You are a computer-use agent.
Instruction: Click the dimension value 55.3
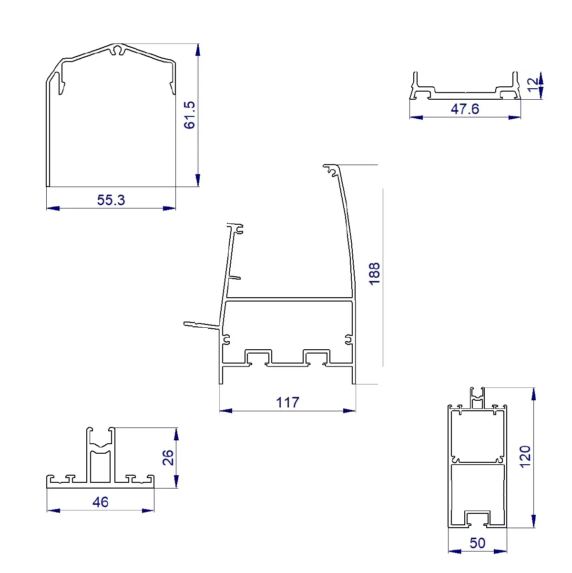click(x=111, y=200)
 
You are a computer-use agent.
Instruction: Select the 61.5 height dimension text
click(x=189, y=115)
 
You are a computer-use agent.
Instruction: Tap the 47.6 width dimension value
click(x=465, y=109)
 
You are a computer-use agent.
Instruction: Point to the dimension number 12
click(x=532, y=85)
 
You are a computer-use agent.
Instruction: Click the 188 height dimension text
click(x=374, y=274)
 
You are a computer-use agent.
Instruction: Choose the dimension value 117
click(x=287, y=402)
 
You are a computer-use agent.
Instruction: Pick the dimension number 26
click(x=168, y=458)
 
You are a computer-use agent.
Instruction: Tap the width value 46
click(x=101, y=502)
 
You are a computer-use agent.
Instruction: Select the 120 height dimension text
click(x=525, y=457)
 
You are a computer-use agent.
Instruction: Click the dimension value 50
click(x=478, y=543)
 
